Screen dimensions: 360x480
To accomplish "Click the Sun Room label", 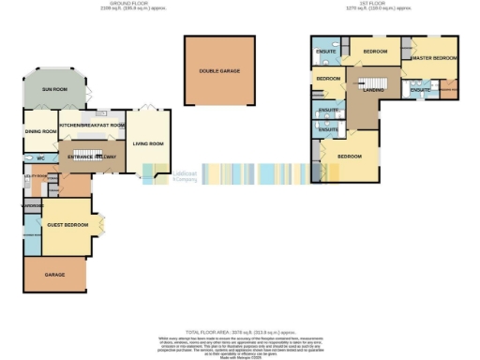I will pyautogui.click(x=54, y=89).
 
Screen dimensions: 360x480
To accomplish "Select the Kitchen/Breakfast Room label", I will pyautogui.click(x=92, y=125).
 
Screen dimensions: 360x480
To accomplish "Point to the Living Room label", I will pyautogui.click(x=148, y=143).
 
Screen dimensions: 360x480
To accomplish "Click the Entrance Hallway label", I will pyautogui.click(x=85, y=158).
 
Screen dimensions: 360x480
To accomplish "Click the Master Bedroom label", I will pyautogui.click(x=434, y=58).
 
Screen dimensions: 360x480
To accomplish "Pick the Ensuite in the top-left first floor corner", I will pyautogui.click(x=325, y=50).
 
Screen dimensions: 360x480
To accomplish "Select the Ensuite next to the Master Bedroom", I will pyautogui.click(x=420, y=90).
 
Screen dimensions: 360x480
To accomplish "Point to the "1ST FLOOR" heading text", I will pyautogui.click(x=366, y=5).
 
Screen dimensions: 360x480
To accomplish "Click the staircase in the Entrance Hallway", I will pyautogui.click(x=86, y=150).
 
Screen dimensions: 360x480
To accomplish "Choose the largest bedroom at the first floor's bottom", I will pyautogui.click(x=350, y=156).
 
